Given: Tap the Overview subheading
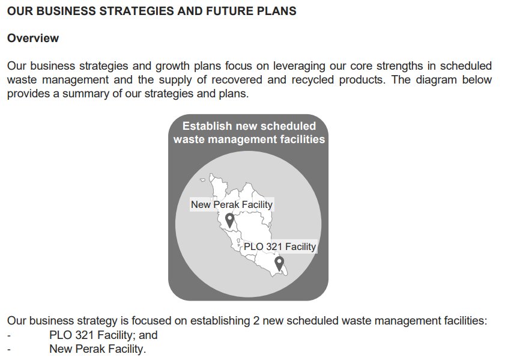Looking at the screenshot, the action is coord(33,38).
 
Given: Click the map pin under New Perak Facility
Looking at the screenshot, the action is coord(229,221).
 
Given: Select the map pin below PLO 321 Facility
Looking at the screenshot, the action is coord(279,264).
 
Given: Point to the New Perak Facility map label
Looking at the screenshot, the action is coord(232,204).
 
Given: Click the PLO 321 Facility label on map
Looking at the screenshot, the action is coord(280,246).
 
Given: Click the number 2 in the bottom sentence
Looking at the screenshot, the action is coord(256,321).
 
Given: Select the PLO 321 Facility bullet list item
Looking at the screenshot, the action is coord(103,335).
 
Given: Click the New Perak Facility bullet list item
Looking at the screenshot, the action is coord(98,349).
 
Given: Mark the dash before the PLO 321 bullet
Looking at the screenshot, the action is coord(9,336).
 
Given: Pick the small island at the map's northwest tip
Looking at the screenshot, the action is coord(202,180).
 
